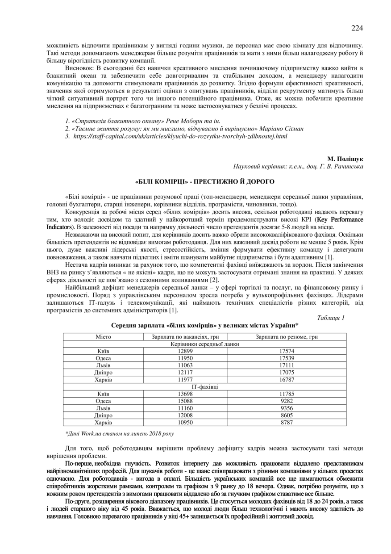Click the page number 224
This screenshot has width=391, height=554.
(x=357, y=28)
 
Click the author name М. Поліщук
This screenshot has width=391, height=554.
(x=345, y=159)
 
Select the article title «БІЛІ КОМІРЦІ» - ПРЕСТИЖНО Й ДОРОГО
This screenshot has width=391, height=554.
(x=205, y=182)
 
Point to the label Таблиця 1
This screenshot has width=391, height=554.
(x=331, y=318)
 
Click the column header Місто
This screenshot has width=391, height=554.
(x=104, y=337)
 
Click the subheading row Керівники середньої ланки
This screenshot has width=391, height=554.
(x=205, y=344)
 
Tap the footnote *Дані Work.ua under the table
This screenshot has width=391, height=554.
(x=120, y=433)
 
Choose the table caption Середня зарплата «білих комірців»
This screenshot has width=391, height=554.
(x=205, y=326)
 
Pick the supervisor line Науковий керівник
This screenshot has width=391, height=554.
(x=298, y=167)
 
